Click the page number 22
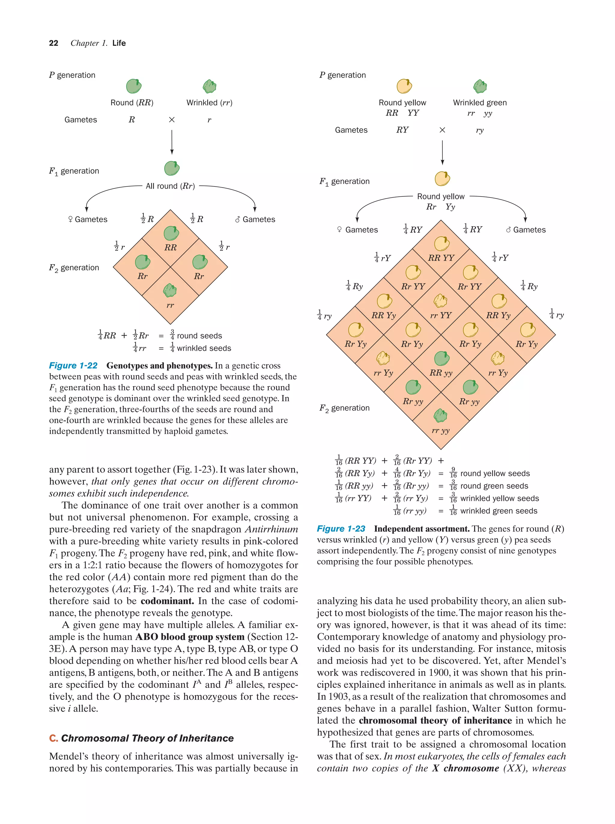coord(53,43)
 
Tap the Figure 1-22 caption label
coord(73,366)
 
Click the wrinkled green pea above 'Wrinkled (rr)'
coord(210,86)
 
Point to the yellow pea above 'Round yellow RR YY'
coord(404,86)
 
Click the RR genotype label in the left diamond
coord(170,247)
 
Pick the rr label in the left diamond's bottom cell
coord(170,305)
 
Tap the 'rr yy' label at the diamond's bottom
coord(441,430)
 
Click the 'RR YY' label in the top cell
coord(441,258)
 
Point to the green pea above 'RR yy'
coord(442,358)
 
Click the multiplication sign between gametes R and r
coord(171,120)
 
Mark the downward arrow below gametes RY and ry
coord(442,153)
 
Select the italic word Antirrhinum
coord(271,529)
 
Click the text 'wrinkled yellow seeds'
coord(499,498)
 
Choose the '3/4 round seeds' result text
coord(196,335)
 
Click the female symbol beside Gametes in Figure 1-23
coord(339,229)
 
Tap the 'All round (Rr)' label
coord(170,186)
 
